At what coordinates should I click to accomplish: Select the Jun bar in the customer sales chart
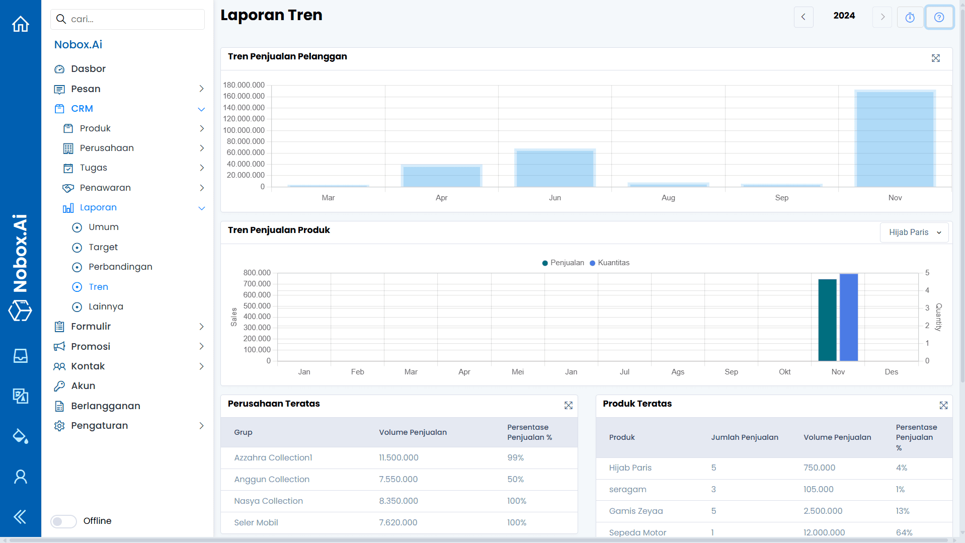[554, 169]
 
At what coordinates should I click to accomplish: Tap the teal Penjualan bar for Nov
[827, 320]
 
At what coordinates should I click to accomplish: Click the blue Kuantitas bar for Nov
[848, 317]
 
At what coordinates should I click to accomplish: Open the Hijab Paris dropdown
[914, 232]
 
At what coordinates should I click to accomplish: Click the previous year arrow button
[803, 17]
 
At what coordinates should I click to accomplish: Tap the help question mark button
[939, 17]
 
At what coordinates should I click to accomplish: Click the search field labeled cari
[128, 19]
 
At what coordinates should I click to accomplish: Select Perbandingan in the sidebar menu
[120, 267]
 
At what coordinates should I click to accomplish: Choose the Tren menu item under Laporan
[98, 287]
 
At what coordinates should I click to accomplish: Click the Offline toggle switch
[63, 521]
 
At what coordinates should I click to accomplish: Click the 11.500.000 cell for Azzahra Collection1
[398, 458]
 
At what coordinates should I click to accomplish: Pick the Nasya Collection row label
[268, 501]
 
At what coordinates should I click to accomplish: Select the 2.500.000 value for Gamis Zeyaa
[823, 511]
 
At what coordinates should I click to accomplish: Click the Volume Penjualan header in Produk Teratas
[837, 437]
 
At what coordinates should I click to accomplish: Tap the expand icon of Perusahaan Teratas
[568, 406]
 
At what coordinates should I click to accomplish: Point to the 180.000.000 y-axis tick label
[244, 85]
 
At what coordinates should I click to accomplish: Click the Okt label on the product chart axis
[784, 372]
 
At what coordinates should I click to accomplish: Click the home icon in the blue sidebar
[21, 24]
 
